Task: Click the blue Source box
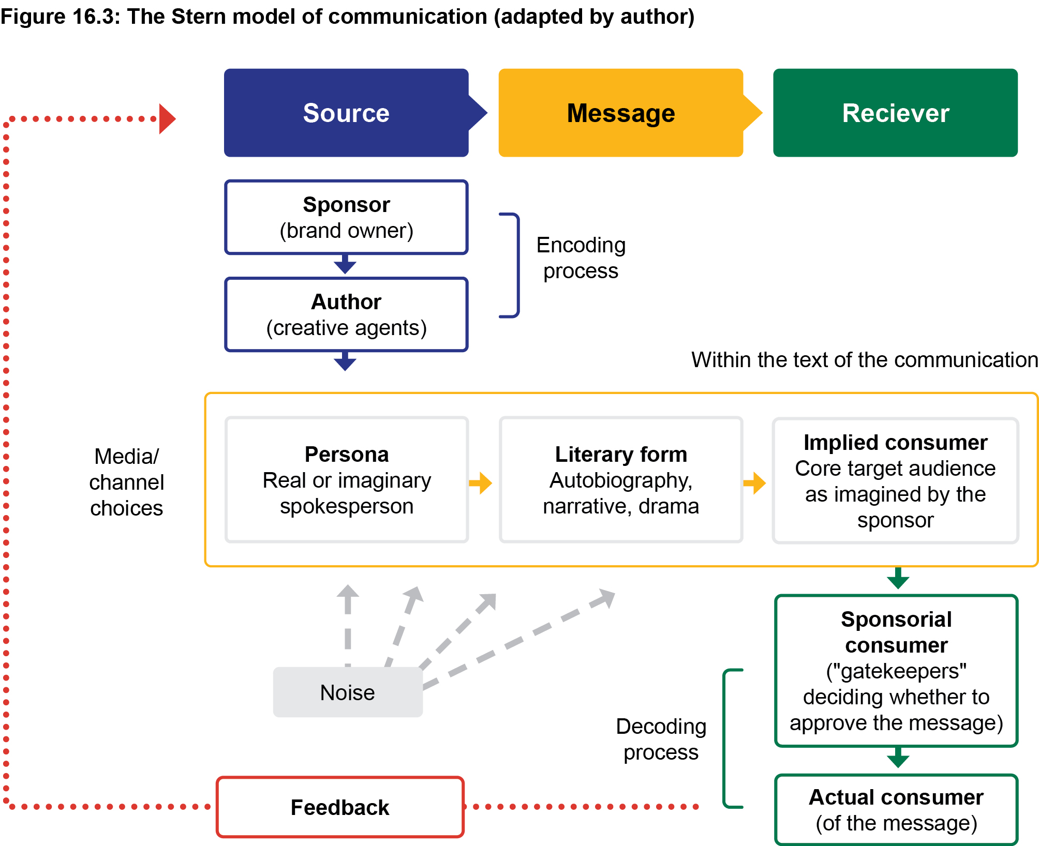click(346, 113)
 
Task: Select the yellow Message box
click(621, 113)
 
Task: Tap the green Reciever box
click(895, 113)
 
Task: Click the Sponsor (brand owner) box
click(346, 217)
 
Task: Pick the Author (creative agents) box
click(346, 314)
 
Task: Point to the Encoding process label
click(581, 258)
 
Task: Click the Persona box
click(347, 480)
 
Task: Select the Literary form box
click(621, 480)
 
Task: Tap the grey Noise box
click(348, 692)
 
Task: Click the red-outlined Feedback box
click(340, 807)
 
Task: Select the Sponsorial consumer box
click(896, 671)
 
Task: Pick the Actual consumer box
click(896, 810)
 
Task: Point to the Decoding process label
click(661, 739)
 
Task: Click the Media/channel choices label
click(126, 482)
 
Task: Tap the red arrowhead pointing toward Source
click(167, 119)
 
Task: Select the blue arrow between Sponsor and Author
click(345, 264)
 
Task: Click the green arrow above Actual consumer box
click(898, 758)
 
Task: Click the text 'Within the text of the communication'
click(864, 360)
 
